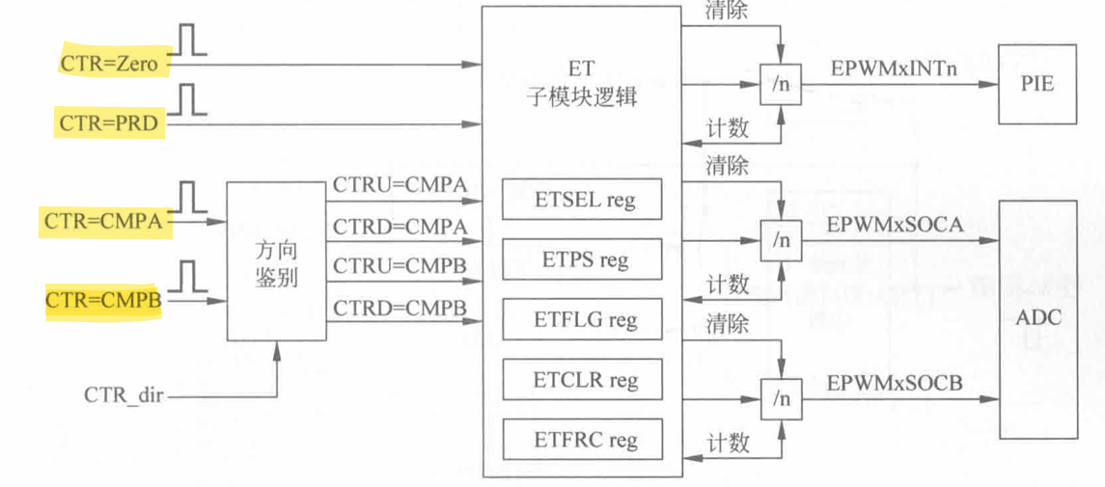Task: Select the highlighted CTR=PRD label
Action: click(x=108, y=123)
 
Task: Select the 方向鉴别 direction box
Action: click(x=276, y=261)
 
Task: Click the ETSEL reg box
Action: click(x=583, y=200)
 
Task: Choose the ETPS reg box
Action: click(x=583, y=259)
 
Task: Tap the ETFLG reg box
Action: click(x=583, y=319)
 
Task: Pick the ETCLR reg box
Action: click(x=583, y=379)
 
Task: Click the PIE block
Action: click(x=1036, y=84)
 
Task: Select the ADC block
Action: click(x=1037, y=319)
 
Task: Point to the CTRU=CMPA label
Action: click(x=400, y=182)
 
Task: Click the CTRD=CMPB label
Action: click(x=400, y=308)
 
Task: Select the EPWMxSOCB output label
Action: click(x=894, y=382)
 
